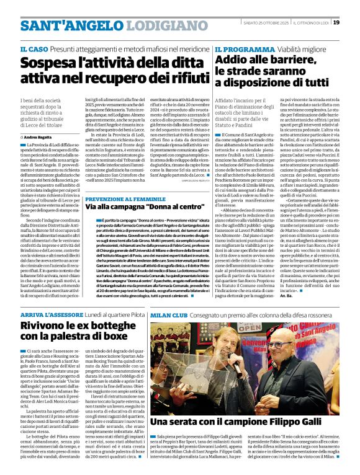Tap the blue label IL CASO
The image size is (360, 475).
33,48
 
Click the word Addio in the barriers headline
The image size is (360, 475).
230,61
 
